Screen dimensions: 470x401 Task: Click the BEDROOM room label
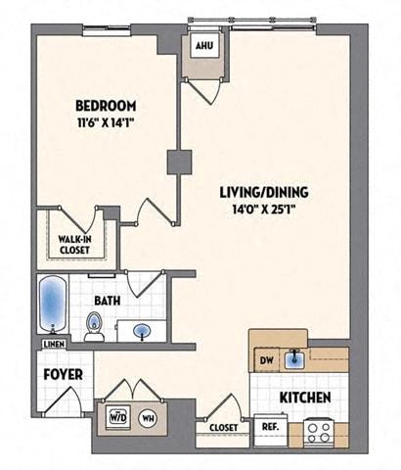106,106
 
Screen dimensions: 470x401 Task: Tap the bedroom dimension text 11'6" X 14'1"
106,123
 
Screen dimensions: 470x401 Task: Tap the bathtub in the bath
52,305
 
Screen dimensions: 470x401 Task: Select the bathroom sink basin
142,329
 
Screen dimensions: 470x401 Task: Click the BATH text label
109,301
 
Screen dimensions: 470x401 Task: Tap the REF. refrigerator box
267,428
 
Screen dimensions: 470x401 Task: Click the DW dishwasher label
265,359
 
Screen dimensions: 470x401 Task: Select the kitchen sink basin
293,359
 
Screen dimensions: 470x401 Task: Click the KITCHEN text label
304,398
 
